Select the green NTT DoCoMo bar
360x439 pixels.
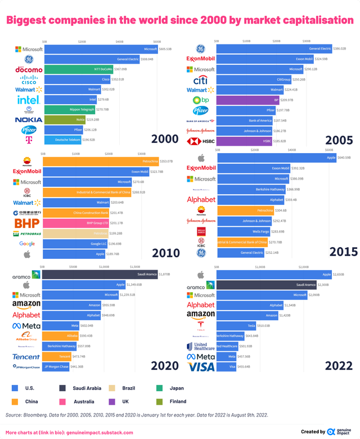pos(78,69)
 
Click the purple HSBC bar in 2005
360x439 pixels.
pos(247,141)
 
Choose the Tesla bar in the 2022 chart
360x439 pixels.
pos(236,325)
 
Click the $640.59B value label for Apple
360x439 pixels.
pos(341,158)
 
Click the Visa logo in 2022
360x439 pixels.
pos(201,367)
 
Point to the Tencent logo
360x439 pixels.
pos(26,356)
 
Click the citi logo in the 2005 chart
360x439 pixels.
pos(201,79)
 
